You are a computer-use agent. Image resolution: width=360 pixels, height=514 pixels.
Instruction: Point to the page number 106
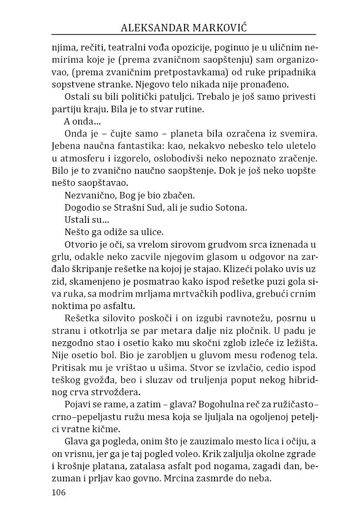pos(58,492)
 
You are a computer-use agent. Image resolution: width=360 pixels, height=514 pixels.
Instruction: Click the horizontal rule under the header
pos(184,34)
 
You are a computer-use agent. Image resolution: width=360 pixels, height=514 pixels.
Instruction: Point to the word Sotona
pos(231,208)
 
